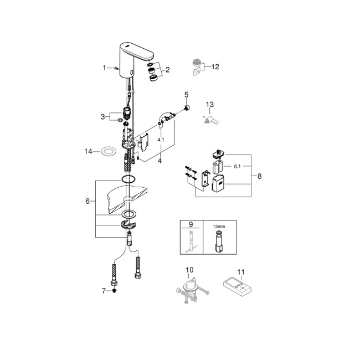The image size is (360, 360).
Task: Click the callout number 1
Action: click(x=104, y=68)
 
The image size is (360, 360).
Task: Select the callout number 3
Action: click(x=102, y=116)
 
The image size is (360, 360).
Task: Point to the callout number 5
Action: click(x=187, y=94)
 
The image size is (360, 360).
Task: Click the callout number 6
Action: click(x=88, y=202)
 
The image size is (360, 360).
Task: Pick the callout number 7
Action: click(x=103, y=291)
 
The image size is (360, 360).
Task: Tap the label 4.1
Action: click(x=160, y=140)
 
